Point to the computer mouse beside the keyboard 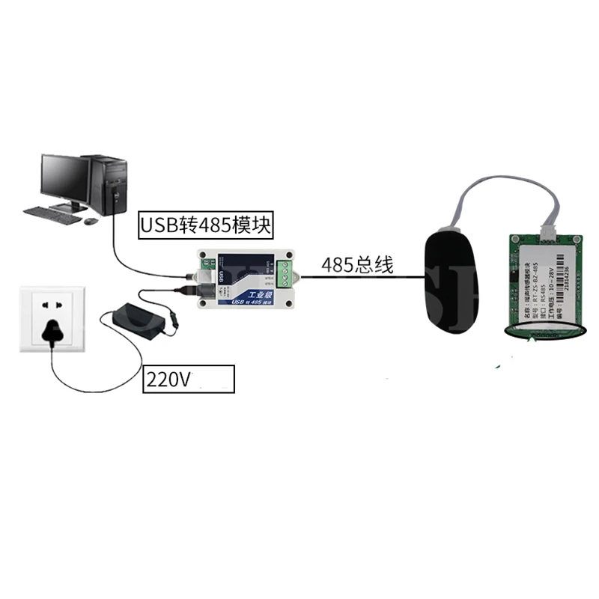pos(91,221)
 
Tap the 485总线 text pos(357,265)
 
